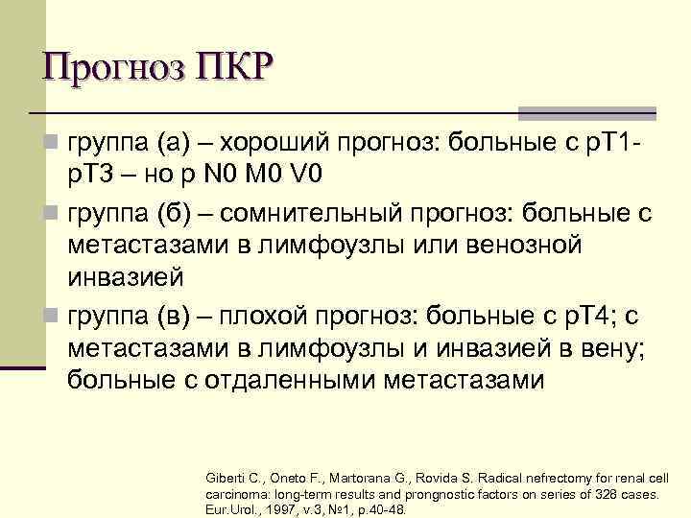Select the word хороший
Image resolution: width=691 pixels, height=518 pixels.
275,145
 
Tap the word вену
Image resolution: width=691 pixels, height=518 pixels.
608,346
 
